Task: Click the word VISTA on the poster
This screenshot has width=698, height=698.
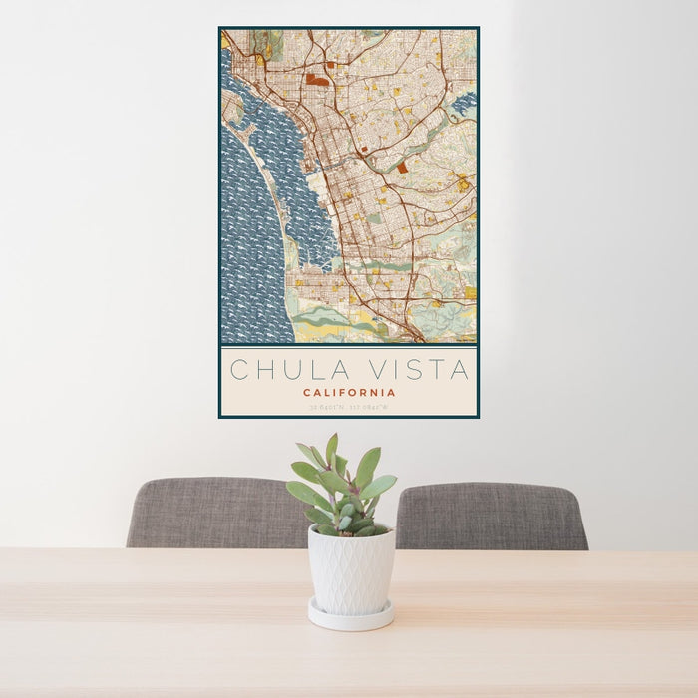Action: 420,370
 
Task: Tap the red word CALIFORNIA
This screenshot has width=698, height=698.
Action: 349,393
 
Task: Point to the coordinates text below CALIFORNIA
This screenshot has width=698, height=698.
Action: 349,406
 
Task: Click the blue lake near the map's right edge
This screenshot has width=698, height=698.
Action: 465,101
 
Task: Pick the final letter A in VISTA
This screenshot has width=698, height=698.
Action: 460,370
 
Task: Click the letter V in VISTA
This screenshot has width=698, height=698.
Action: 381,370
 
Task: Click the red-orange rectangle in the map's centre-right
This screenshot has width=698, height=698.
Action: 402,169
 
